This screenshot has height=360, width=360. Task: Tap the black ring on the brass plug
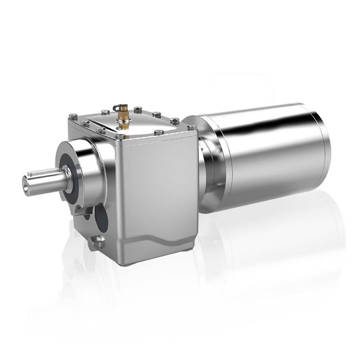tap(119, 108)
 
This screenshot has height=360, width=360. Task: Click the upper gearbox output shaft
tap(45, 181)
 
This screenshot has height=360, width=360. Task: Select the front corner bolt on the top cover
tap(121, 137)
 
